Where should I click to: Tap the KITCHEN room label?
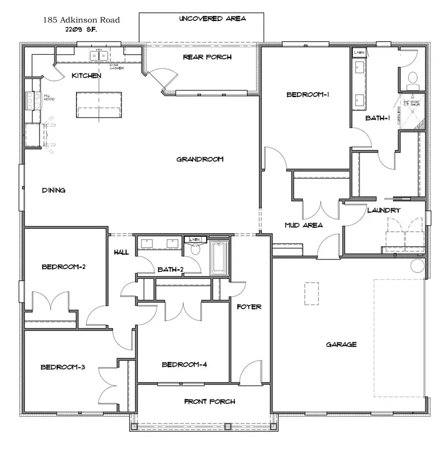86,76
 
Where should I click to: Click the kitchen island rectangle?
99,105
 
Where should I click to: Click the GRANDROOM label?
200,159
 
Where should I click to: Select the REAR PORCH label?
207,57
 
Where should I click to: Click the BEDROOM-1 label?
308,95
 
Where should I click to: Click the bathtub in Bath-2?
219,258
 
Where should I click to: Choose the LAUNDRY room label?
383,210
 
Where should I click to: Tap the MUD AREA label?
303,225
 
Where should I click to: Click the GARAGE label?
341,344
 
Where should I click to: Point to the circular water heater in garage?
417,266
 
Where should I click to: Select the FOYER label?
249,307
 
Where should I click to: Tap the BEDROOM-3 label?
63,367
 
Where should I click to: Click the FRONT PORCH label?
210,401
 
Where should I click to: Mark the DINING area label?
54,190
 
